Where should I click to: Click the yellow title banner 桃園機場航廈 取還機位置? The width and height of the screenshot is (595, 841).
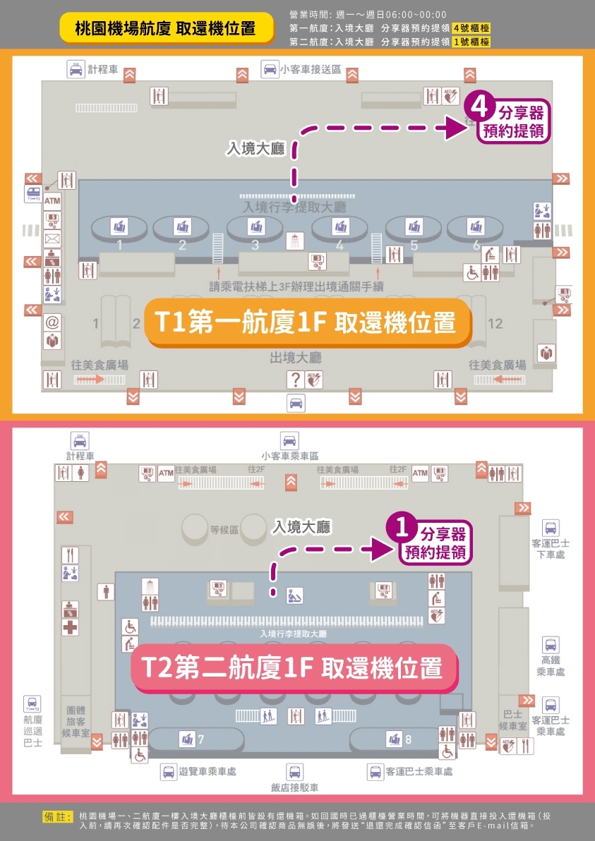pyautogui.click(x=165, y=29)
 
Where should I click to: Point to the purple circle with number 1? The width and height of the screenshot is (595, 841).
pyautogui.click(x=403, y=529)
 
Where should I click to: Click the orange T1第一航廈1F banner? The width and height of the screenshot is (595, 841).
pyautogui.click(x=308, y=323)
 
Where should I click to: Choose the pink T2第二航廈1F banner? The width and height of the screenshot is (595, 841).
pyautogui.click(x=295, y=667)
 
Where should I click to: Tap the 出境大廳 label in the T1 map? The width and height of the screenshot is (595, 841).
pyautogui.click(x=296, y=358)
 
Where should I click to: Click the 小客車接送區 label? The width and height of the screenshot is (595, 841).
pyautogui.click(x=310, y=70)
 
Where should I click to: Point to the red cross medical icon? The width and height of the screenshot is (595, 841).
pyautogui.click(x=70, y=627)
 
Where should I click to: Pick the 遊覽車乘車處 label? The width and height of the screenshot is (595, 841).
pyautogui.click(x=207, y=772)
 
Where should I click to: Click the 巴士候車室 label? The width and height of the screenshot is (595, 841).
pyautogui.click(x=512, y=720)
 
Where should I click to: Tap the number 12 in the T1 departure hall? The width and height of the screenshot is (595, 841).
pyautogui.click(x=495, y=324)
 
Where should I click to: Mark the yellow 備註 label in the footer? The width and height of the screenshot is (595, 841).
pyautogui.click(x=59, y=816)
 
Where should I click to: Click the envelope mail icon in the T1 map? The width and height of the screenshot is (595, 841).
pyautogui.click(x=52, y=238)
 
